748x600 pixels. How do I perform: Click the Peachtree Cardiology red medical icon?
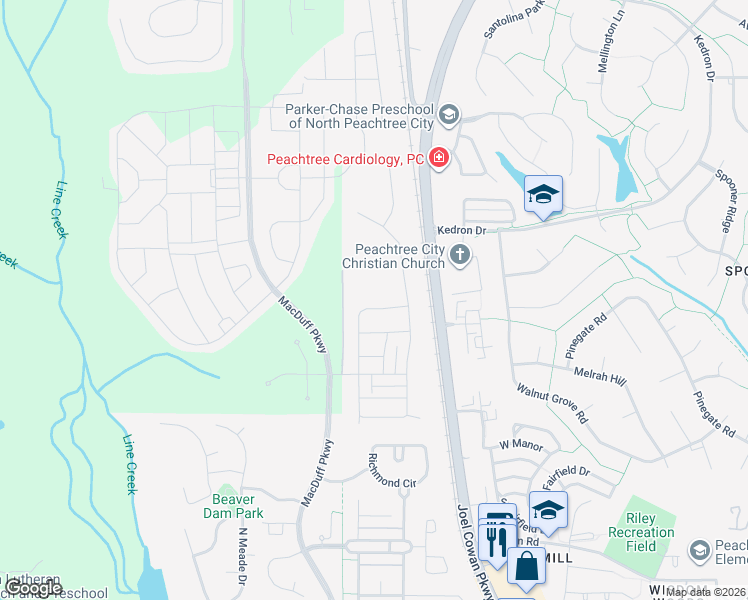pos(438,158)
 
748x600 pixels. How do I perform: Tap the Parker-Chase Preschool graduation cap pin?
pos(448,115)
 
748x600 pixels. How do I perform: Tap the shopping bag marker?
pos(525,567)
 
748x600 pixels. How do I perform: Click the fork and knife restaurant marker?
pos(496,541)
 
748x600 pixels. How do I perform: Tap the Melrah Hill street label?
pos(600,375)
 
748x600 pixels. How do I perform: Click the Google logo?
pos(32,587)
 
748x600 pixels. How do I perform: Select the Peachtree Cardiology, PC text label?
pos(346,159)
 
